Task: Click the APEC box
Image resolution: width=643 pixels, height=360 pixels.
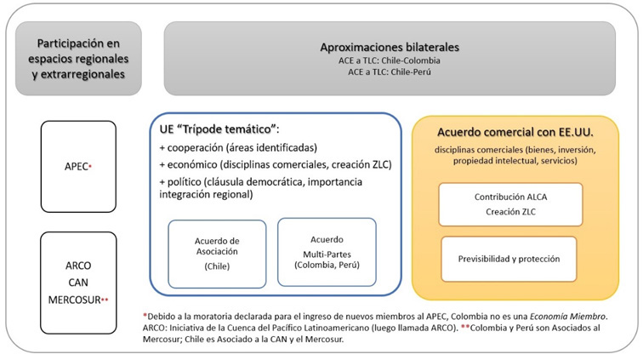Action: tap(77, 167)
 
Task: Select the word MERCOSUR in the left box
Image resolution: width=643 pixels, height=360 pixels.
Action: tap(73, 299)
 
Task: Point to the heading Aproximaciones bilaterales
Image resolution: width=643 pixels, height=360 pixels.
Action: tap(390, 43)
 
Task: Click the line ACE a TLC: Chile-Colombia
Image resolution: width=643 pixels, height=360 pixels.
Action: tap(390, 60)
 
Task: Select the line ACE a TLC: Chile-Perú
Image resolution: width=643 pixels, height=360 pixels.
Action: tap(390, 73)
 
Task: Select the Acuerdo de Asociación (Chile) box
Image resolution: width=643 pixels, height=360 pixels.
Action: tap(217, 253)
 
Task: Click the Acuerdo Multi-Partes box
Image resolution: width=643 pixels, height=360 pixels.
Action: tap(327, 251)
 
